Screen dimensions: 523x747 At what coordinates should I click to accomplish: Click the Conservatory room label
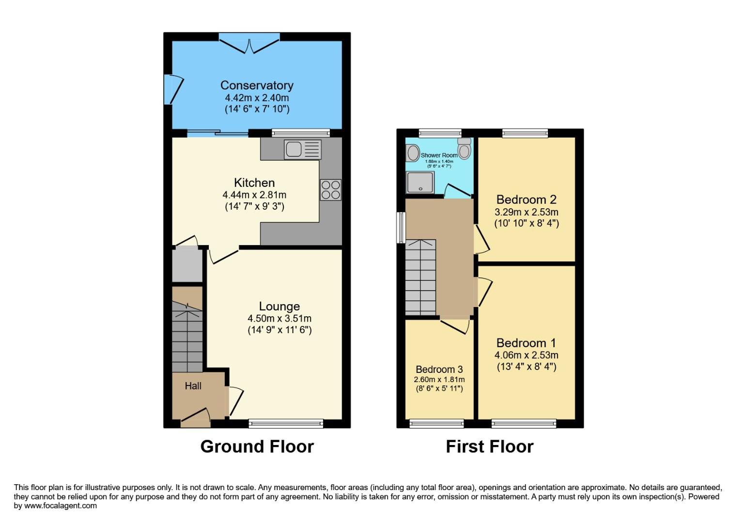[257, 85]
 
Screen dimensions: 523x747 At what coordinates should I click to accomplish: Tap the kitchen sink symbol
[303, 149]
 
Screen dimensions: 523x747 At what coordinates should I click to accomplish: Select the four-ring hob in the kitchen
[330, 189]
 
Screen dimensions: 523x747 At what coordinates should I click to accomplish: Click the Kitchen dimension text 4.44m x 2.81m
[254, 195]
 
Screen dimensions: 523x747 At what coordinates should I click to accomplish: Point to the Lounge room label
[279, 306]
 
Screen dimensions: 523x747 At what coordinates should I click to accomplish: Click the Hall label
[193, 386]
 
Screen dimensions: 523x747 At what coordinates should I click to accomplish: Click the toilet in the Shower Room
[465, 149]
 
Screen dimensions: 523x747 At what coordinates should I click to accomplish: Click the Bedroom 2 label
[526, 200]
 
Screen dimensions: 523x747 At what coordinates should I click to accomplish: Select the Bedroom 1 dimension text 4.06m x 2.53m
[526, 355]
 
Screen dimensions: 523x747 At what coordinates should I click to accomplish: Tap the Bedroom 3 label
[439, 369]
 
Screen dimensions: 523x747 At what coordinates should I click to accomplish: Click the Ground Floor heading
[257, 446]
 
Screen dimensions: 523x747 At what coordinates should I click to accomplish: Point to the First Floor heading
[489, 446]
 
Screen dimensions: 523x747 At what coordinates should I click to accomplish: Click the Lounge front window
[286, 424]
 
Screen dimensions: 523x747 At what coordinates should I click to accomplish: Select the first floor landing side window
[401, 227]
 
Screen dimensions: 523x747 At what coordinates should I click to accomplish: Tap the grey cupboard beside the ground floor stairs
[187, 264]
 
